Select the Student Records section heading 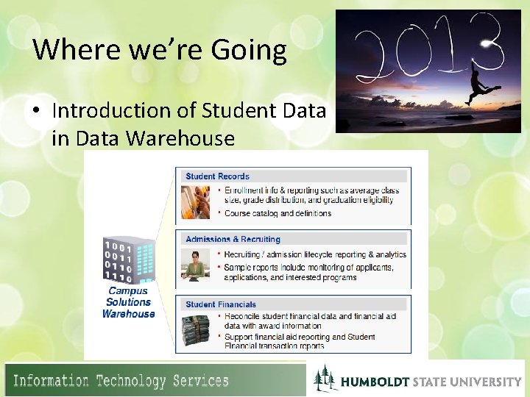[x=217, y=176]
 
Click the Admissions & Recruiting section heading [x=233, y=239]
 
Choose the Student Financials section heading [x=221, y=304]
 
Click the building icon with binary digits [x=128, y=260]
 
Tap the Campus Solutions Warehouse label [x=128, y=302]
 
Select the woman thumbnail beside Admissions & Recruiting [x=195, y=265]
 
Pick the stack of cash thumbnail [x=195, y=329]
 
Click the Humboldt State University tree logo [x=324, y=379]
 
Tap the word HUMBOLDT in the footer [x=375, y=382]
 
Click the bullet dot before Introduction [x=38, y=111]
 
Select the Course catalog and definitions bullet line [x=278, y=214]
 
